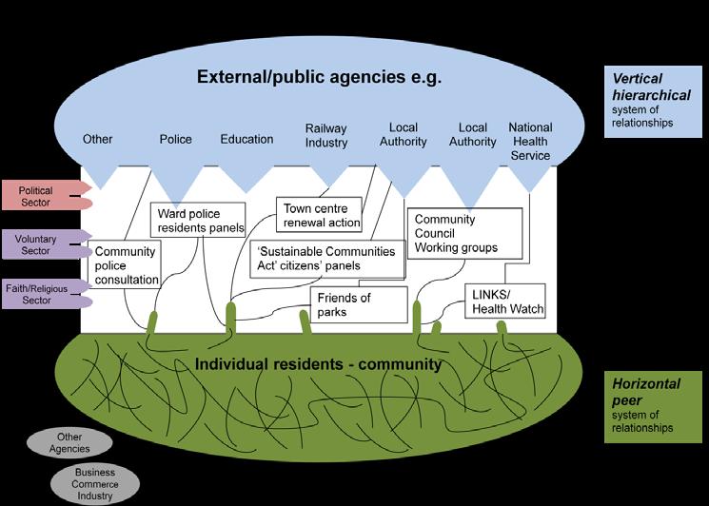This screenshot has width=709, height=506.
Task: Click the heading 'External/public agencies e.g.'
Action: (x=319, y=76)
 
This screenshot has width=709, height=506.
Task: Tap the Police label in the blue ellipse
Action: (x=175, y=139)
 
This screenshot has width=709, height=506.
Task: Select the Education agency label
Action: (x=246, y=139)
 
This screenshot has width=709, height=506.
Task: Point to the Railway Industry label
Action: (x=326, y=135)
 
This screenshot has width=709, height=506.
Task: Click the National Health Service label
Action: (x=530, y=141)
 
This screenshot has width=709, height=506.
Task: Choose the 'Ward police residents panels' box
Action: (x=200, y=221)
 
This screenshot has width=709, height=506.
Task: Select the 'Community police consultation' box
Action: (x=125, y=265)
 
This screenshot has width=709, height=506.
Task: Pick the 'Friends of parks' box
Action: (x=359, y=305)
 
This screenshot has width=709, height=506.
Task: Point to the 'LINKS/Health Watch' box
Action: (x=504, y=302)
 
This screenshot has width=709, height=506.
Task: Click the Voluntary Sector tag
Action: (x=38, y=243)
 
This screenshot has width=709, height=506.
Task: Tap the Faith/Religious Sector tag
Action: (x=38, y=293)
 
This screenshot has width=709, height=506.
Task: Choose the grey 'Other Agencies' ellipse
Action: (x=68, y=442)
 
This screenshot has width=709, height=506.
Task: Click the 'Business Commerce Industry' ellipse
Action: (x=95, y=483)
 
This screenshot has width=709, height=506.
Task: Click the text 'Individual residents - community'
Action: (x=318, y=364)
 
